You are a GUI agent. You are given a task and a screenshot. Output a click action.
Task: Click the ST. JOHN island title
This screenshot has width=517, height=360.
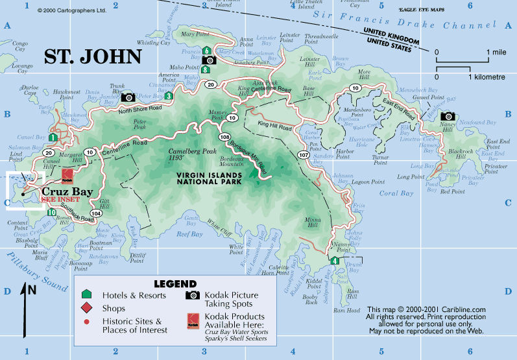93,56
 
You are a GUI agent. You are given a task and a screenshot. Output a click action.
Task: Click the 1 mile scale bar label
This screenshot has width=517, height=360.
497,51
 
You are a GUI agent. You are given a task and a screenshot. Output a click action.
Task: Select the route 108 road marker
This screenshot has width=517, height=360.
224,137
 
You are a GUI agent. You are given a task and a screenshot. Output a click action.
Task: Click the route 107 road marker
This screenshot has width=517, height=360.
304,155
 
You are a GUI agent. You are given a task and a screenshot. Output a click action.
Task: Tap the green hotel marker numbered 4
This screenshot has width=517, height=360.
334,261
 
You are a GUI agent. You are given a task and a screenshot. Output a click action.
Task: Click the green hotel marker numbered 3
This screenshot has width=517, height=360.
169,96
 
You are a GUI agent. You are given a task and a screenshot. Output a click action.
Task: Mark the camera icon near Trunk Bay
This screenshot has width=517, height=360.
128,97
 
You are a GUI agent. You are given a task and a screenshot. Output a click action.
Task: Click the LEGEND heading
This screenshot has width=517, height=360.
174,284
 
